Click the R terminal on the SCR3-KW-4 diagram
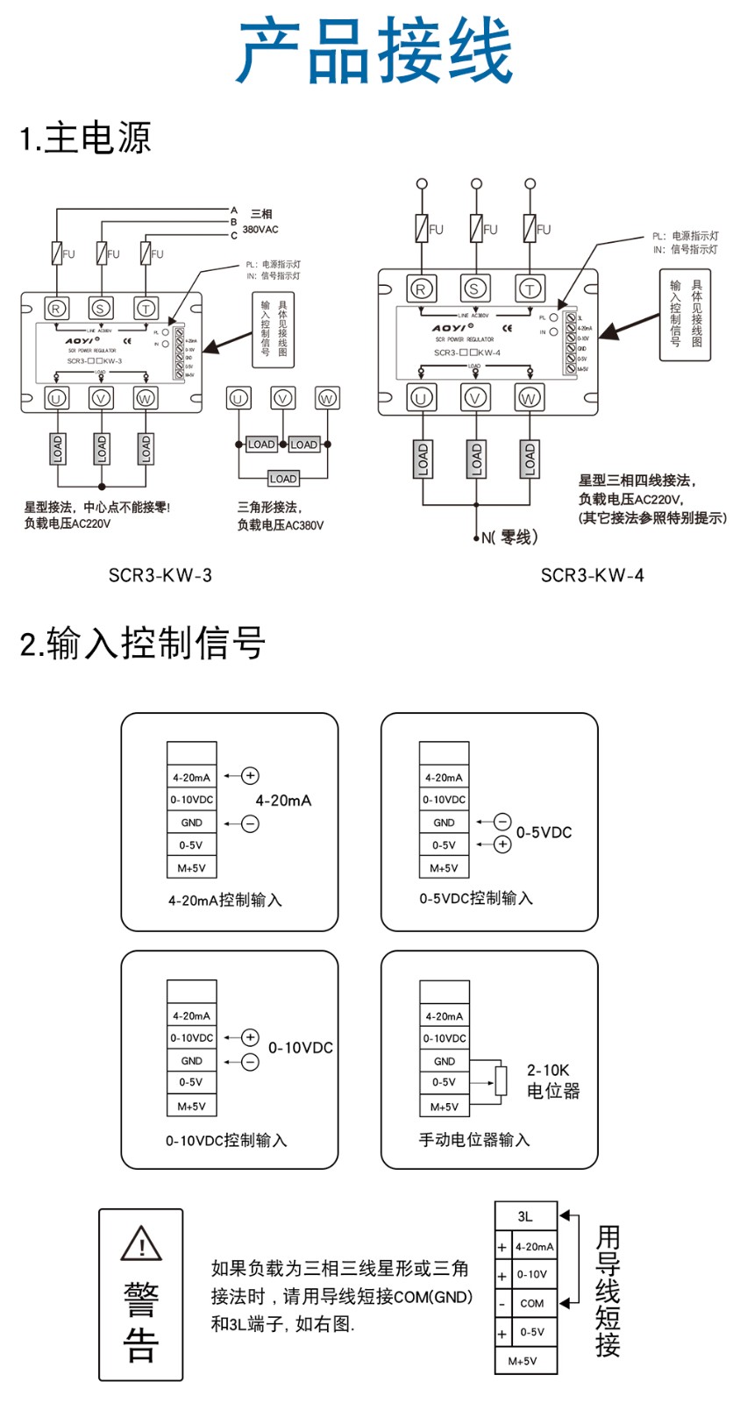point(422,288)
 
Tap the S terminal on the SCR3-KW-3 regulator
point(101,308)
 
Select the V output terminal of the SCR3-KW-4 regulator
point(475,398)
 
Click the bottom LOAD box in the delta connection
point(282,479)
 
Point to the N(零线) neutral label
point(509,538)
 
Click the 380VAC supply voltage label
point(260,230)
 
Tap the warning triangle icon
point(141,1243)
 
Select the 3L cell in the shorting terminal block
point(525,1216)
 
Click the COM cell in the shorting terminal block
point(532,1303)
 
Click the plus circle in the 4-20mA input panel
point(251,775)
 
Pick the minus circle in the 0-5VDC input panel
point(502,822)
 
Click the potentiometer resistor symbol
point(502,1080)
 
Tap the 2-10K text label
point(548,1070)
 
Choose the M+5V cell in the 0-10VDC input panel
point(191,1106)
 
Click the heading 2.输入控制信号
point(142,643)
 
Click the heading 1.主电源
point(86,138)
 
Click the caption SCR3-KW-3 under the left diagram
point(160,575)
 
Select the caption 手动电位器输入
point(473,1140)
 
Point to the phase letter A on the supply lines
point(234,210)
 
